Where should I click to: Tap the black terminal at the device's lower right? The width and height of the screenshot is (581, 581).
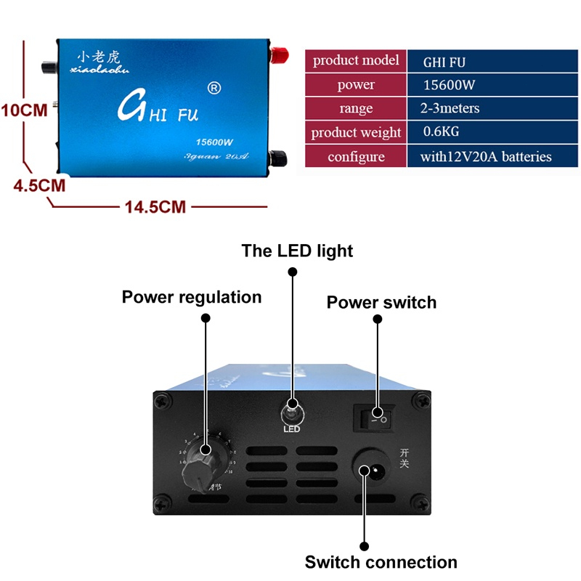[x=277, y=157]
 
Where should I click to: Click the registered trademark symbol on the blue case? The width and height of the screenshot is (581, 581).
[x=214, y=89]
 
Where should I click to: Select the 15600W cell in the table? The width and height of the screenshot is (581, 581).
[x=449, y=85]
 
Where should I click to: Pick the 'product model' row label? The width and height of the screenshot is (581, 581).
[x=356, y=60]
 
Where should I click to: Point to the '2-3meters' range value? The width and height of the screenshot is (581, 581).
[x=450, y=108]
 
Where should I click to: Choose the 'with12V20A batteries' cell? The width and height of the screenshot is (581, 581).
[x=486, y=156]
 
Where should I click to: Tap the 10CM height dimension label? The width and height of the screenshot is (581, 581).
[x=24, y=111]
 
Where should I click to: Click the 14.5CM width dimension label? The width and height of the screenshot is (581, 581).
[x=155, y=207]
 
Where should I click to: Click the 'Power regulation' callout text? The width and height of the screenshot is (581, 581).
[x=192, y=297]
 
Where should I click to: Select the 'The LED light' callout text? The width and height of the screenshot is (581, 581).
[x=297, y=251]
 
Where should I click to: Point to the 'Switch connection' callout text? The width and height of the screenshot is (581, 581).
[x=381, y=562]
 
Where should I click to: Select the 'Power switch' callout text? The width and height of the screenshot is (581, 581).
[x=381, y=302]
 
